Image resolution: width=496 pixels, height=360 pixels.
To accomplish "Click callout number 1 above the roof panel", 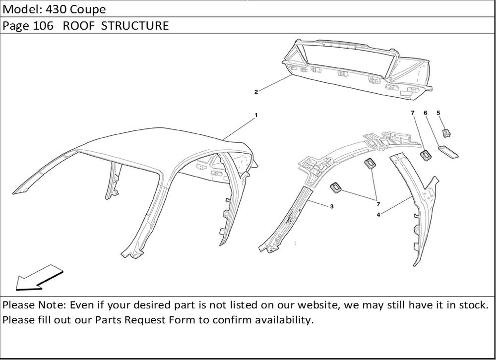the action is pos(256,115).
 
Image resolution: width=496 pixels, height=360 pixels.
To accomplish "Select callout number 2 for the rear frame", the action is pos(256,92).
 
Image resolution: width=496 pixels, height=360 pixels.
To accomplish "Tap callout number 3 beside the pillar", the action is pos(331,207).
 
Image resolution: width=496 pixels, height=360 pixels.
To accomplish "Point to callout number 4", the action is pos(378,215).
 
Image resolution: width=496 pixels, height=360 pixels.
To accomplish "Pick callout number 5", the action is pos(438,113).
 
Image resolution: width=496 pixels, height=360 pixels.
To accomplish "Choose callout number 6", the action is pos(425,113).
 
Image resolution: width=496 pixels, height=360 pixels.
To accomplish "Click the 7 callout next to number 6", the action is pos(413,113).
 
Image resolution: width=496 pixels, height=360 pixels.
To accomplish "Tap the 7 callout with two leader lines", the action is pos(378,204).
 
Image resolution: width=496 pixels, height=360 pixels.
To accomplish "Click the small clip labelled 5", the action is pos(446,133).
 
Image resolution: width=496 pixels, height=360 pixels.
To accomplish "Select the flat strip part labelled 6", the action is pos(448,151).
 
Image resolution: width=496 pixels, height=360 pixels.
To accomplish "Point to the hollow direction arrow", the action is pos(39,278).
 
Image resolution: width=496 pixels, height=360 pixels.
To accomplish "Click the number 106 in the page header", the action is pos(43,26).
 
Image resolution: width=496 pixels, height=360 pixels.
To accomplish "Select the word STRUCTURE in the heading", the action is pos(135,26).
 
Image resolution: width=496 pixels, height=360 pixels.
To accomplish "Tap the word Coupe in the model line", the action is pos(88,9).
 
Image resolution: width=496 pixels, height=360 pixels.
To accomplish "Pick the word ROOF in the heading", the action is pos(79,26).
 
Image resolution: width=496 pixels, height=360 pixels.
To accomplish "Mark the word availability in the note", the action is pos(284,320).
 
